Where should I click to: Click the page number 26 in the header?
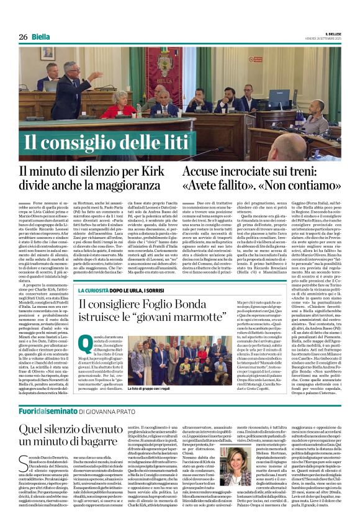point(23,37)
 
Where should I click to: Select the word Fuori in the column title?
point(29,410)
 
